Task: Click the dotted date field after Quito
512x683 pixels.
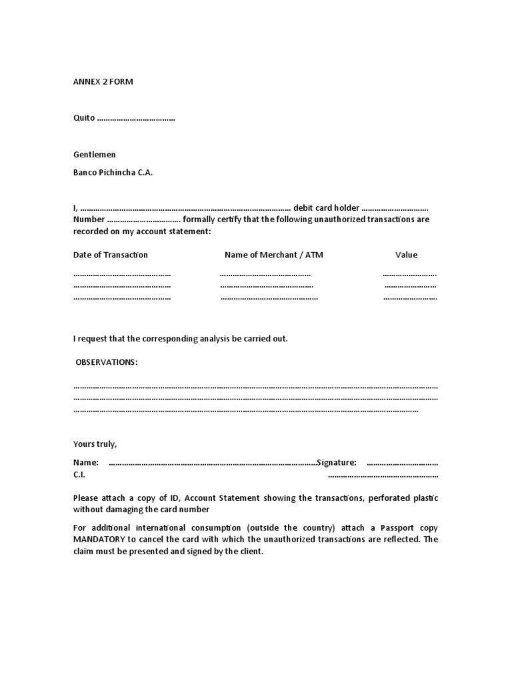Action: tap(136, 118)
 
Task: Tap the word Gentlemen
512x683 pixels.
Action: tap(94, 154)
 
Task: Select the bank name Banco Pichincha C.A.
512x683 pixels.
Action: tap(113, 172)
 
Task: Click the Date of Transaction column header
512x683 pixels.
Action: tap(111, 255)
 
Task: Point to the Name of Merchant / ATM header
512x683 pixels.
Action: tap(273, 255)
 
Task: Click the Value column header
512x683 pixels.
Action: tap(406, 255)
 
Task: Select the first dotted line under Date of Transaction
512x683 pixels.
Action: tap(122, 274)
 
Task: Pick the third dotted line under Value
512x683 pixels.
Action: tap(410, 297)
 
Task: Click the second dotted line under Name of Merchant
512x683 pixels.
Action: tap(267, 285)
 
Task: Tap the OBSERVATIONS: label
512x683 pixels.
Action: tap(107, 362)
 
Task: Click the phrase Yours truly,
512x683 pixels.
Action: tap(95, 444)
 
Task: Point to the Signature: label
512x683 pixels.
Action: tap(337, 462)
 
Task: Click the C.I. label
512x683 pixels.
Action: tap(79, 475)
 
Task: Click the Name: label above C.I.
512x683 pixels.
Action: tap(86, 462)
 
